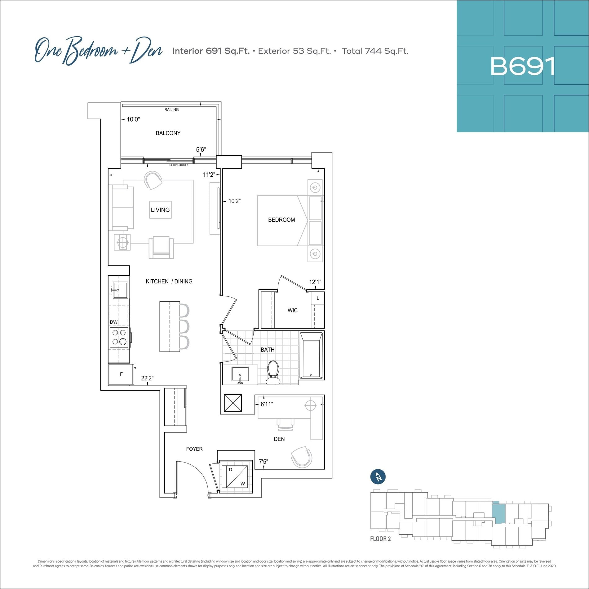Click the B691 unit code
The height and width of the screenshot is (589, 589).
522,66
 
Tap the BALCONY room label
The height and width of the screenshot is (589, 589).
168,133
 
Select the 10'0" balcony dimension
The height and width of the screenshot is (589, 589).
133,119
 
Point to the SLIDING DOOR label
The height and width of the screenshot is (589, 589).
179,165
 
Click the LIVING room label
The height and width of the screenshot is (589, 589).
160,210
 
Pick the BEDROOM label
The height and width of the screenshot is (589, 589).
281,220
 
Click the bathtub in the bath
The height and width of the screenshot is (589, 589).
311,355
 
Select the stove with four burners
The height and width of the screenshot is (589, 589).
119,337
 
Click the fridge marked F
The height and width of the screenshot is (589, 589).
121,374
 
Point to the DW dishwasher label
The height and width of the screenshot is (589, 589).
114,322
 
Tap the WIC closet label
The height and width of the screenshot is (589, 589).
293,310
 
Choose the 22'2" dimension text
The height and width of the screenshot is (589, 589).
147,378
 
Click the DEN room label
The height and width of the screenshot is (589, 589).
279,439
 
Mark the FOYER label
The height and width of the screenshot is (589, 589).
194,449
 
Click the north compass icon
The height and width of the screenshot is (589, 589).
378,477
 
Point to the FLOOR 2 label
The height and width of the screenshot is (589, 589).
380,539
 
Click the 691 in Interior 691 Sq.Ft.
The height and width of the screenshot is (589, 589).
214,51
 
